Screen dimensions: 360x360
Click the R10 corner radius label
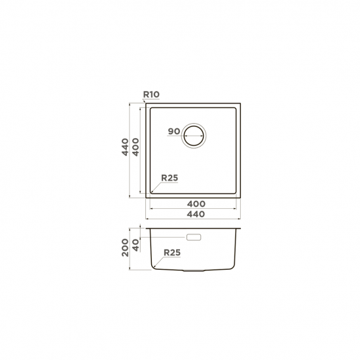pyautogui.click(x=151, y=94)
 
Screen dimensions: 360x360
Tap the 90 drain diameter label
pyautogui.click(x=174, y=132)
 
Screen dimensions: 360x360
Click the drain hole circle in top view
pyautogui.click(x=194, y=135)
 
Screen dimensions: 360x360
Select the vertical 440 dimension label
pyautogui.click(x=125, y=147)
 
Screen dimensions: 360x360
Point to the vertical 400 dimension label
pyautogui.click(x=135, y=147)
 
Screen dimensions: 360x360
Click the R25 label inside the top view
pyautogui.click(x=170, y=177)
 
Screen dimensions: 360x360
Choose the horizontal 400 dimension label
pyautogui.click(x=196, y=204)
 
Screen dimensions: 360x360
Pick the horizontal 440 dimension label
pyautogui.click(x=196, y=214)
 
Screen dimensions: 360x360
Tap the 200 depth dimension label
pyautogui.click(x=126, y=247)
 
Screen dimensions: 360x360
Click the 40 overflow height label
pyautogui.click(x=136, y=245)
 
